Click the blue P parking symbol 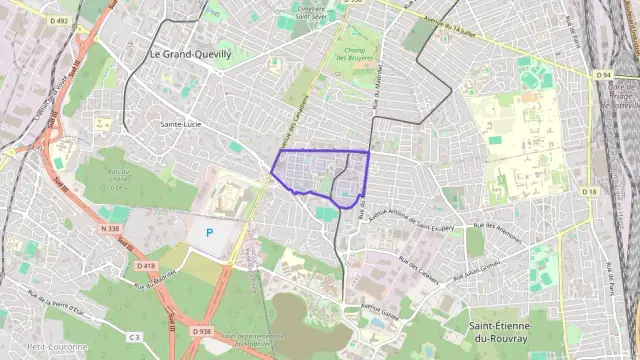[x=209, y=232]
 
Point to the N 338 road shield [x=109, y=228]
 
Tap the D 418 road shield [x=146, y=265]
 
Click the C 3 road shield [x=134, y=310]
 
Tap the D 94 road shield [x=602, y=75]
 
